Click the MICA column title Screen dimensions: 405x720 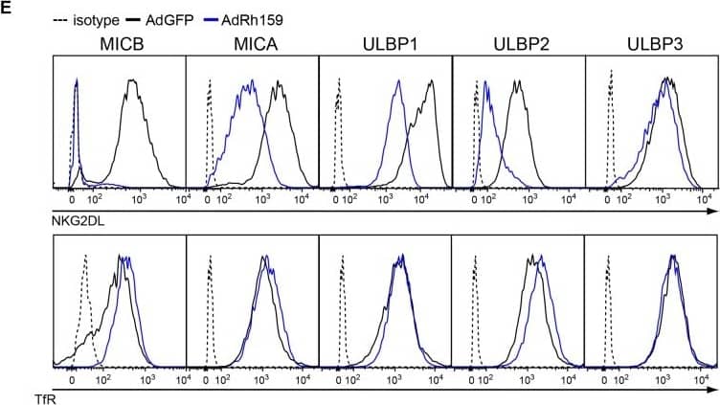pos(251,45)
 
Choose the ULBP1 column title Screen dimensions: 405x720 pos(384,45)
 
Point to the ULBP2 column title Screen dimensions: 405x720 pos(517,45)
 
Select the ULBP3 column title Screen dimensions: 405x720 pos(650,45)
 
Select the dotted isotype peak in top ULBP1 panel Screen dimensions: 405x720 pos(337,91)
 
